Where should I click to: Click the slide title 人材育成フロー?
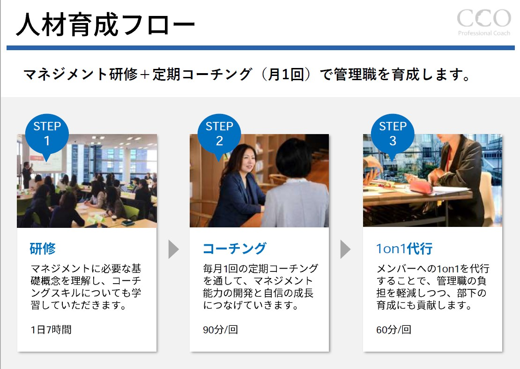(x=105, y=24)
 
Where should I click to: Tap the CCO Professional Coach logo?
(x=484, y=22)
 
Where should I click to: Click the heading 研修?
(x=43, y=248)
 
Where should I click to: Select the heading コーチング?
(x=234, y=248)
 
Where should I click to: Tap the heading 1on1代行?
(x=404, y=249)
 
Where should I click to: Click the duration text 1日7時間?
(x=51, y=330)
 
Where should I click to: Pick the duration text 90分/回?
(x=220, y=330)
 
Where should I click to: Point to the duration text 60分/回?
(x=394, y=330)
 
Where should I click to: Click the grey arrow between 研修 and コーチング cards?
(x=173, y=249)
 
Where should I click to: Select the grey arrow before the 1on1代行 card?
(x=346, y=249)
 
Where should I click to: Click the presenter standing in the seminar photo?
(x=27, y=174)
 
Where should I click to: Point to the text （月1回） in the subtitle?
(x=286, y=74)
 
